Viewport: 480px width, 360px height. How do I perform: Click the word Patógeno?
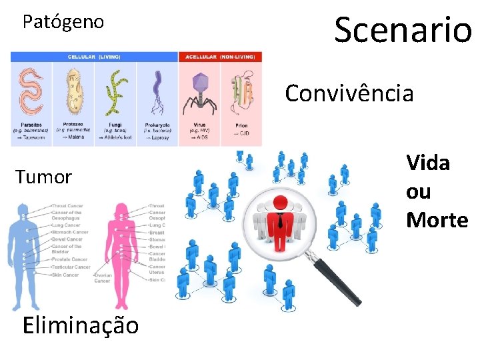coord(63,22)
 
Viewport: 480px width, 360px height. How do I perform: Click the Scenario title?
coord(403,29)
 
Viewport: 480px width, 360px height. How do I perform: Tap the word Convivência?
coord(349,93)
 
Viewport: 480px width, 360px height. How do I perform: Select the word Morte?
coord(437,220)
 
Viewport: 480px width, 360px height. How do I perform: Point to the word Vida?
coord(428,163)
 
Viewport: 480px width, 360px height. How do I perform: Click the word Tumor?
coord(43,177)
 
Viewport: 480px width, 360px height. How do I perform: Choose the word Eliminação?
coord(81,325)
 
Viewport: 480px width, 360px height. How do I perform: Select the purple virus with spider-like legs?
coord(199,90)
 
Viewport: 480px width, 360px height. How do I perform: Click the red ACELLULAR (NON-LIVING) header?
coord(221,57)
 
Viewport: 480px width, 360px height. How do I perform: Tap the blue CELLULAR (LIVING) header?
coord(94,57)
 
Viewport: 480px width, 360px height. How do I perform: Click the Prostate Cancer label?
coord(69,259)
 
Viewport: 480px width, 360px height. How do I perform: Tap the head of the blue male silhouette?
coord(25,212)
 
